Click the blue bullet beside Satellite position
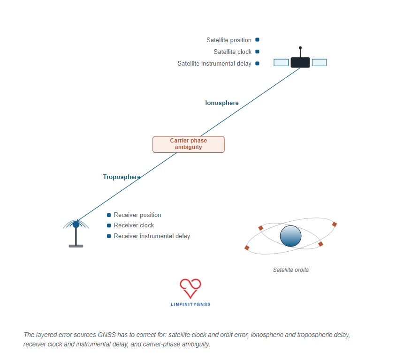[257, 39]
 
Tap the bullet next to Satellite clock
[257, 52]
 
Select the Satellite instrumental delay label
[214, 64]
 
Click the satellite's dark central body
[300, 62]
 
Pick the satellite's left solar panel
[281, 62]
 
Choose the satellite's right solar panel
[319, 62]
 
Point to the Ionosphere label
[222, 103]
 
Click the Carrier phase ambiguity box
[189, 144]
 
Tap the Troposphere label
[122, 177]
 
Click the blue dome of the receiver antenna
[76, 224]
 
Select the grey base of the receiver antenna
[76, 246]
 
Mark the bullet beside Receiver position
[109, 215]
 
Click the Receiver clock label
[134, 225]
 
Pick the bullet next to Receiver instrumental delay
[109, 236]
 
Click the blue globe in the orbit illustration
[291, 236]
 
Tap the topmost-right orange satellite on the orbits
[335, 224]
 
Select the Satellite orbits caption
[291, 270]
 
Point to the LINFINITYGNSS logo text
[190, 305]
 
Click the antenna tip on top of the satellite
[300, 48]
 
